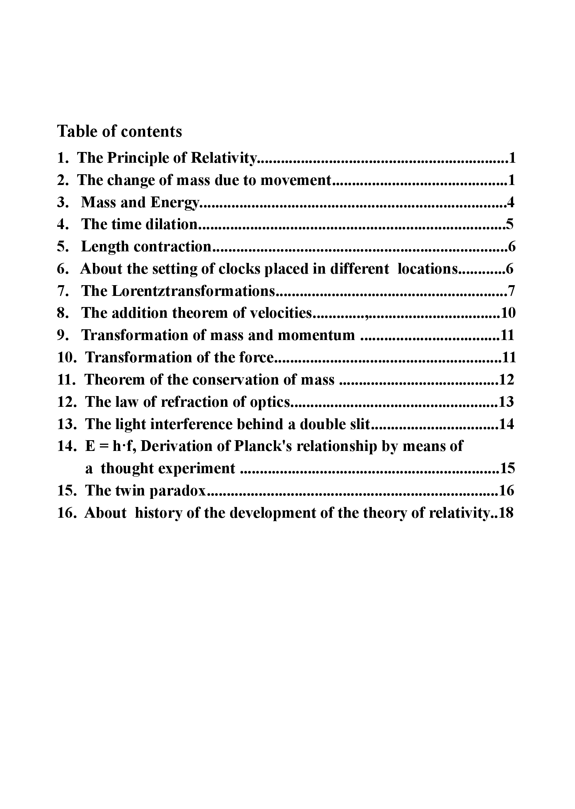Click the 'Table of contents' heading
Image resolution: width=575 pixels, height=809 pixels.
click(119, 131)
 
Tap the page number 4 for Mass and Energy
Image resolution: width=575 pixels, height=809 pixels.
click(510, 202)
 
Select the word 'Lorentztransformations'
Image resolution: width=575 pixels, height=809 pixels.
click(193, 291)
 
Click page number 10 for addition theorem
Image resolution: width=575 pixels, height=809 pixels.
click(508, 313)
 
